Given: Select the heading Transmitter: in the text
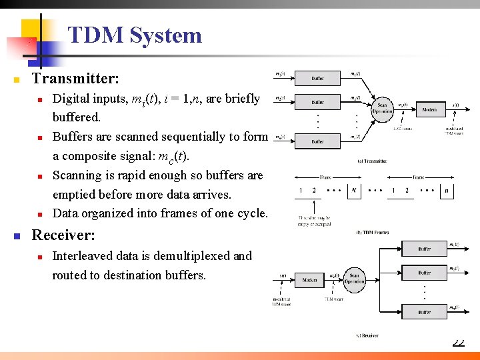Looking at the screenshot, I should [x=75, y=79].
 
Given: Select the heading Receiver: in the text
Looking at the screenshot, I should [x=63, y=235].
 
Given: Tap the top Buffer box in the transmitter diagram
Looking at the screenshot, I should [x=317, y=78].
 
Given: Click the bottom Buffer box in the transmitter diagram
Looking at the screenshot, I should [x=317, y=142].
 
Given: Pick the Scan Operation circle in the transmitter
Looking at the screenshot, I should [x=382, y=108].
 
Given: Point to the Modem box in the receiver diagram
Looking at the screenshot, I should [x=309, y=281].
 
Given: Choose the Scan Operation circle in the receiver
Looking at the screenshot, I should [x=354, y=279].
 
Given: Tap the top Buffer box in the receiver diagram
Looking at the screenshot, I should [x=424, y=249].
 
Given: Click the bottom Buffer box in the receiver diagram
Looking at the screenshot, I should [x=424, y=311].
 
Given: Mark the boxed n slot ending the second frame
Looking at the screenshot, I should [x=445, y=191].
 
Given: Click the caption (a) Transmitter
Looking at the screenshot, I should [x=372, y=161].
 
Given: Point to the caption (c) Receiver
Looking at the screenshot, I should [x=366, y=335].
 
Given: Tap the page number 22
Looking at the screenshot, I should [x=458, y=343].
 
